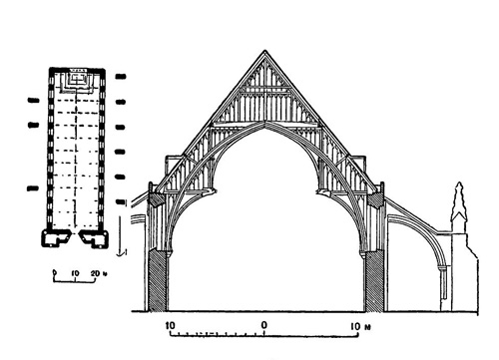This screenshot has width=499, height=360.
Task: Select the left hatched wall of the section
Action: tap(158, 278)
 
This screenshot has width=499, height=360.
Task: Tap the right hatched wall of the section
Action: tap(374, 278)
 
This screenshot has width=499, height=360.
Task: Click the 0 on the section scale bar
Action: tap(263, 324)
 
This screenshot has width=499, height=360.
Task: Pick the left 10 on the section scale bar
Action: tap(171, 324)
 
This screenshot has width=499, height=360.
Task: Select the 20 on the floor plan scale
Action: tap(96, 271)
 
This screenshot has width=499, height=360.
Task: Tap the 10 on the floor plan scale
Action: tap(75, 271)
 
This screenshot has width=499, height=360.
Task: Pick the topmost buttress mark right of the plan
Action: tap(121, 75)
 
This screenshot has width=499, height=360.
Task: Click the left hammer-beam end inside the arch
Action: tap(211, 186)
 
